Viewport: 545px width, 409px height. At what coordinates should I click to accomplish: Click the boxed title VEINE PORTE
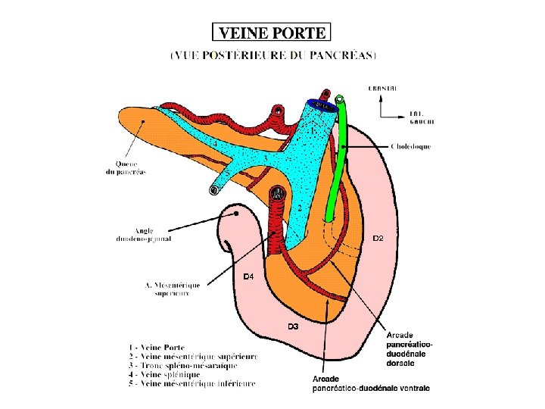(272, 33)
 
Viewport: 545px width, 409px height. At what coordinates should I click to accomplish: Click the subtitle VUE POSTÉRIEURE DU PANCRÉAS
(273, 55)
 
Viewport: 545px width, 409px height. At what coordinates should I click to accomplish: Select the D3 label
(293, 326)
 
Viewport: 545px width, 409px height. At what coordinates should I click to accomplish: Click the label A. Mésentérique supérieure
(172, 289)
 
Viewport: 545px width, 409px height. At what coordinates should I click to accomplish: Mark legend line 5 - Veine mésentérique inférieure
(192, 384)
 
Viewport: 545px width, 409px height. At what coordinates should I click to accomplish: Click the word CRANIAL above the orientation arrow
(382, 89)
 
